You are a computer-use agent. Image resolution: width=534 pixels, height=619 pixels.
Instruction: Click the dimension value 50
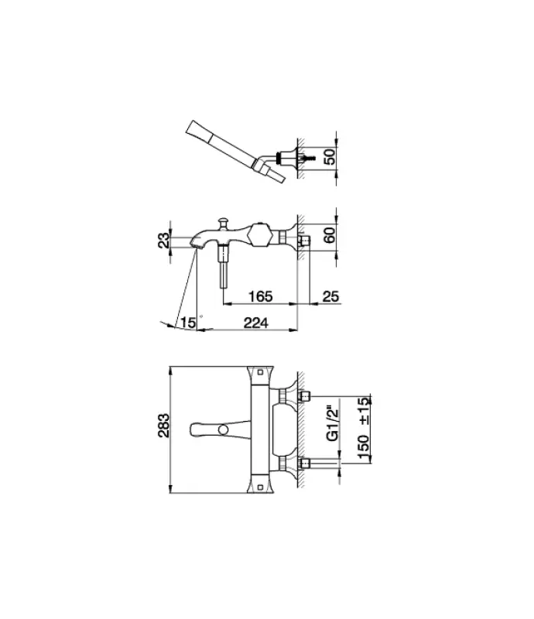point(329,157)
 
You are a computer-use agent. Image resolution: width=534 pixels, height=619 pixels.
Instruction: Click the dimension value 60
point(329,235)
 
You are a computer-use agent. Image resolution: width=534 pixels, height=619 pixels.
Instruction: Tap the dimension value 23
point(163,240)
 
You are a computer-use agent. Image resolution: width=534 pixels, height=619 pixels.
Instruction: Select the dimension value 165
point(261,296)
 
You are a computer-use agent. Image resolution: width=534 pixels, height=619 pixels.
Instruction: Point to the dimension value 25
point(330,296)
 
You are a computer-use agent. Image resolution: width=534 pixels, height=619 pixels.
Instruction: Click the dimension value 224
point(256,323)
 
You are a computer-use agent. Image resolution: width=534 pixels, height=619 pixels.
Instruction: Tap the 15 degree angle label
point(188,323)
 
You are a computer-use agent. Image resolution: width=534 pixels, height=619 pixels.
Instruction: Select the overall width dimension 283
point(163,426)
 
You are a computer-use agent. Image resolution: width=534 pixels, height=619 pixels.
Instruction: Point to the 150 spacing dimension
point(364,447)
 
